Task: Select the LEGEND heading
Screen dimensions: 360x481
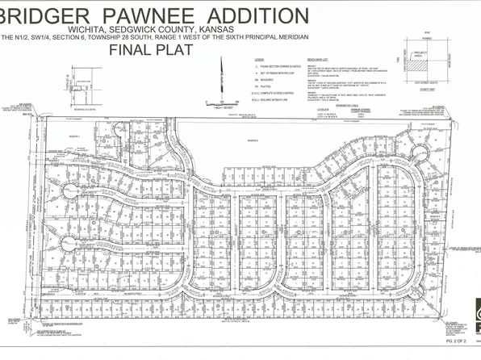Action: coord(258,61)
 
